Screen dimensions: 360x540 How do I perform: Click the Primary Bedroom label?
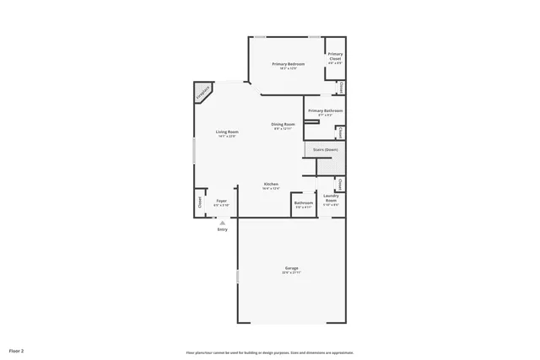(x=289, y=64)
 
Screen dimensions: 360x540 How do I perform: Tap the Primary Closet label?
(x=335, y=56)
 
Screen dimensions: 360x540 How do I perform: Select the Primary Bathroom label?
(x=324, y=110)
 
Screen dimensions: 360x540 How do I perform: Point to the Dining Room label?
(x=283, y=125)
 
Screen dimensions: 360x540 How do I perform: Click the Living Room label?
(x=227, y=132)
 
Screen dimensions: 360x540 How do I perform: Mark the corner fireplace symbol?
(x=203, y=93)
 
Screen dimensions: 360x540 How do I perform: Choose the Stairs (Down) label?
(x=326, y=149)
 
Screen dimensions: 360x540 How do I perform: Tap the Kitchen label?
(x=271, y=184)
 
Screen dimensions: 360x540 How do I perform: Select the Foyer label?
(x=221, y=200)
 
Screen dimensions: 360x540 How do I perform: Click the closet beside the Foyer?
(x=200, y=201)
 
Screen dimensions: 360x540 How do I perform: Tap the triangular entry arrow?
(x=223, y=223)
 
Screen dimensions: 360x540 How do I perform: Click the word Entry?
(x=223, y=229)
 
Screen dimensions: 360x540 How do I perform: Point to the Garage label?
(x=291, y=268)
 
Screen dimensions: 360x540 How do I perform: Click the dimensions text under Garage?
(x=291, y=273)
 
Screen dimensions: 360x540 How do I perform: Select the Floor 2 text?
(x=17, y=349)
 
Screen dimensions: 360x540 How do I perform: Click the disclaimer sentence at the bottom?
(x=269, y=352)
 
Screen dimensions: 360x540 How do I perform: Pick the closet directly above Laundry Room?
(x=340, y=184)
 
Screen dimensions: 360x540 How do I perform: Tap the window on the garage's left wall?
(x=238, y=276)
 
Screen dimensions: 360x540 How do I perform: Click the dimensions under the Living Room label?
(x=227, y=137)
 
